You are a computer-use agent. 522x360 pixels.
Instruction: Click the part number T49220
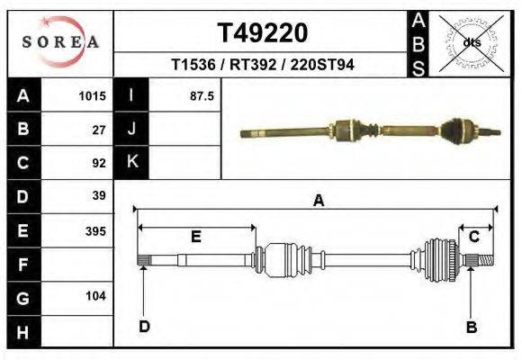point(262,33)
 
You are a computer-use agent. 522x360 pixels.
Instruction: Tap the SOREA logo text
point(60,41)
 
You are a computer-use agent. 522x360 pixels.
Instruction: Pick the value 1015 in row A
point(93,95)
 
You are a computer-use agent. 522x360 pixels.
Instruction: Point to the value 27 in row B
point(99,129)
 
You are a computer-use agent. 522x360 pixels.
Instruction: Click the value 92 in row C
point(99,163)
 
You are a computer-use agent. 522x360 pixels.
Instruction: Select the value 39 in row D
point(99,196)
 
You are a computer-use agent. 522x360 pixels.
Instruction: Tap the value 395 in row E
point(95,230)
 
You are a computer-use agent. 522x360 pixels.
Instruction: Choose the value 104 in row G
point(95,296)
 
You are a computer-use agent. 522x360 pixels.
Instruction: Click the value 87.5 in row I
point(202,95)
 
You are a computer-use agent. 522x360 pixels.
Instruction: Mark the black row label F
point(23,265)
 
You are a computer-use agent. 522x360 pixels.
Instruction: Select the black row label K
point(132,162)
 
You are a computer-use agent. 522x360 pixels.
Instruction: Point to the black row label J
point(132,129)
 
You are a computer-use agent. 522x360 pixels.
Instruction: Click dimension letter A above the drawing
point(318,202)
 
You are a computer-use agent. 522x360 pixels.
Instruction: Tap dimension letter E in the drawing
point(195,237)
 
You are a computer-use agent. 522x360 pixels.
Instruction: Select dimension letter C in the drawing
point(473,237)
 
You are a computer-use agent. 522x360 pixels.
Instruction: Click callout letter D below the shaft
point(144,327)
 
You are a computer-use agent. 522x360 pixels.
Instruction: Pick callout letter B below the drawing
point(471,327)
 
